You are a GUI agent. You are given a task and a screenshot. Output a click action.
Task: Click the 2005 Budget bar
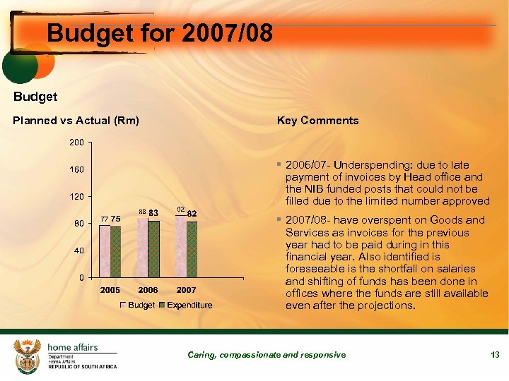(x=105, y=251)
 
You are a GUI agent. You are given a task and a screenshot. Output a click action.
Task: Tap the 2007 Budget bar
(x=181, y=246)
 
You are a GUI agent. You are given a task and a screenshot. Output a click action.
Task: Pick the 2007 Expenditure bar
(x=192, y=249)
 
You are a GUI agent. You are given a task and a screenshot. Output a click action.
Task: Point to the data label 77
(x=104, y=218)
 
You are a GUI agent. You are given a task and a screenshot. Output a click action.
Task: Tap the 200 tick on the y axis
(x=76, y=143)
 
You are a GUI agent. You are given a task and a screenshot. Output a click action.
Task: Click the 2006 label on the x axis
(x=148, y=290)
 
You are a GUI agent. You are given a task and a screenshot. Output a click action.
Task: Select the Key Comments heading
(x=317, y=121)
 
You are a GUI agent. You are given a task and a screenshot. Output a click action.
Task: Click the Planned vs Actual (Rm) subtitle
(x=76, y=121)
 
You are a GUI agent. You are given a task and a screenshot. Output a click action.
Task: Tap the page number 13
(x=495, y=355)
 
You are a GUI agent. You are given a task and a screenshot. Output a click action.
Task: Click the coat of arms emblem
(x=28, y=356)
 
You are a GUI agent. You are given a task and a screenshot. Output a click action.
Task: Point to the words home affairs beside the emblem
(x=73, y=347)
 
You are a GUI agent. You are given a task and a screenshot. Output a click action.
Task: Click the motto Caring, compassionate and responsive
(x=267, y=355)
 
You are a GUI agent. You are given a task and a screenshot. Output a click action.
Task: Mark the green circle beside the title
(x=19, y=68)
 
